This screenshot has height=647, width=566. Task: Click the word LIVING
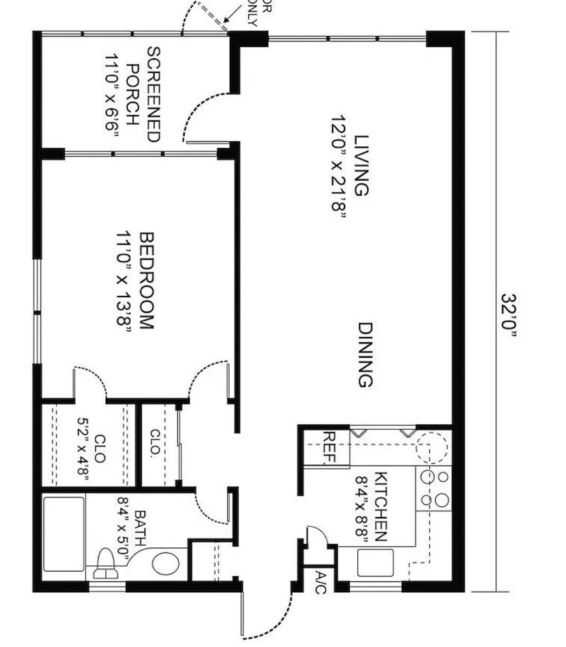pyautogui.click(x=361, y=165)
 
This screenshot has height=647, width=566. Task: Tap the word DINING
pyautogui.click(x=365, y=354)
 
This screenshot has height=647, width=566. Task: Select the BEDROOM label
pyautogui.click(x=147, y=281)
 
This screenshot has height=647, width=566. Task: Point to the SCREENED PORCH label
pyautogui.click(x=143, y=94)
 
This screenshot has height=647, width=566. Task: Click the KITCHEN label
pyautogui.click(x=381, y=506)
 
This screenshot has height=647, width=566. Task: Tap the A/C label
pyautogui.click(x=320, y=583)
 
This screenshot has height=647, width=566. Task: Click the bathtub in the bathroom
pyautogui.click(x=64, y=534)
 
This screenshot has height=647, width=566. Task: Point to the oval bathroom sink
pyautogui.click(x=165, y=564)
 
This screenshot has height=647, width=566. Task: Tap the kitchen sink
pyautogui.click(x=375, y=563)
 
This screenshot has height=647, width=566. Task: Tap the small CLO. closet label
pyautogui.click(x=155, y=442)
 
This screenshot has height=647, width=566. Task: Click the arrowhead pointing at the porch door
pyautogui.click(x=226, y=21)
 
